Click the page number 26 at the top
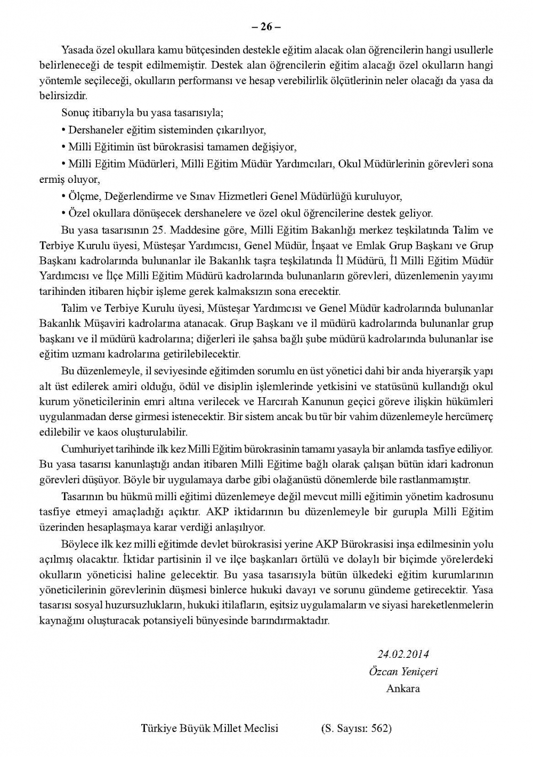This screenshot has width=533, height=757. pyautogui.click(x=266, y=27)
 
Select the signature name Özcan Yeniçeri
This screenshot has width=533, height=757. pyautogui.click(x=403, y=671)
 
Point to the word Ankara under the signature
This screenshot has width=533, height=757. pyautogui.click(x=403, y=688)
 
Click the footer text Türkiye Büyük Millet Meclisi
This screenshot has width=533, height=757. pyautogui.click(x=209, y=728)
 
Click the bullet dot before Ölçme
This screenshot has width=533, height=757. pyautogui.click(x=63, y=196)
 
